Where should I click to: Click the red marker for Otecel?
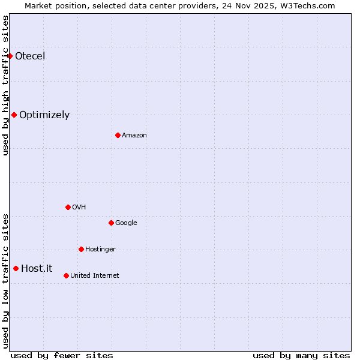10,56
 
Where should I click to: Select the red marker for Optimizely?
14,115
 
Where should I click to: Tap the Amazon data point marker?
118,135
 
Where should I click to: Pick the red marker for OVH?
68,207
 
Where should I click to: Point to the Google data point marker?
111,223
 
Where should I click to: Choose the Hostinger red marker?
81,249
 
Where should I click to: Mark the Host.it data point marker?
16,268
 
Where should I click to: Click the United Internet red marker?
66,275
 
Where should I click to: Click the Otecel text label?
30,56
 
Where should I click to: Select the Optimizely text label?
44,115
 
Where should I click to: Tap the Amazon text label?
134,135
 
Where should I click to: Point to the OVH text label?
79,207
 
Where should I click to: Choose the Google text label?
126,223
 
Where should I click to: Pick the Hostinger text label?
100,249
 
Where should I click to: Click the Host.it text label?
37,268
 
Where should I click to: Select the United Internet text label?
95,275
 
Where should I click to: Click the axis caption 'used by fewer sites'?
62,355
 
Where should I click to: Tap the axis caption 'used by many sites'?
301,355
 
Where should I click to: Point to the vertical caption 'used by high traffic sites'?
5,85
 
